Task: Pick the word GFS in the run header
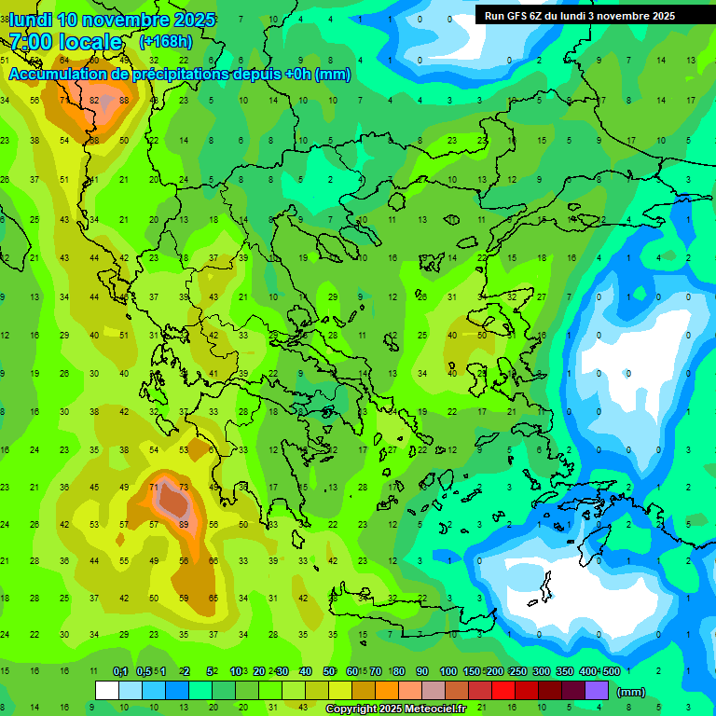click(x=521, y=16)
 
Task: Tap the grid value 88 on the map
click(x=125, y=101)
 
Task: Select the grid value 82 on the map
click(x=95, y=101)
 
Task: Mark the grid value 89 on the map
click(x=184, y=524)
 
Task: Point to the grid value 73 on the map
click(x=184, y=487)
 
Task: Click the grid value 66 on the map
click(x=213, y=560)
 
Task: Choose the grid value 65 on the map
click(x=213, y=598)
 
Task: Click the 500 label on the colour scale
click(x=611, y=671)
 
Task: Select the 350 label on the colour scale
click(x=565, y=671)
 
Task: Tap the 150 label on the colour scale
click(x=472, y=671)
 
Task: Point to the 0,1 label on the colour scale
click(x=120, y=671)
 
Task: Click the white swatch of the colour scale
click(x=107, y=691)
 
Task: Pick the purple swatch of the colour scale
click(x=597, y=691)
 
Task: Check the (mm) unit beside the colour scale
click(x=631, y=692)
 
